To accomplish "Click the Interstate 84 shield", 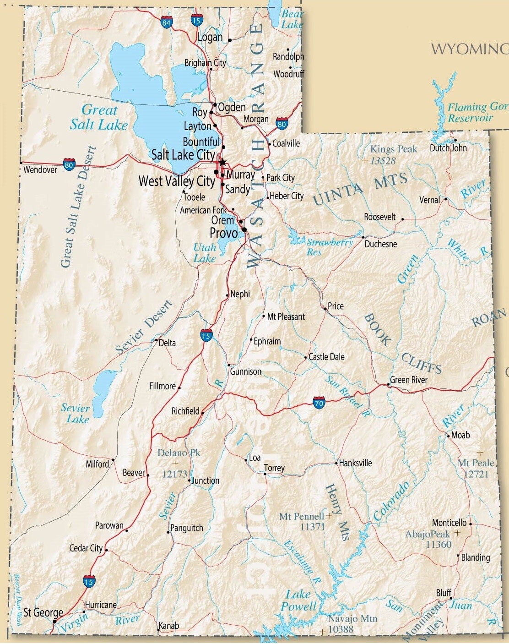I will point(166,22).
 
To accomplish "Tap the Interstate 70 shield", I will point(319,403).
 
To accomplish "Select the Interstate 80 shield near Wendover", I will point(69,164).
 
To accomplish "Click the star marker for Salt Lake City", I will point(222,162).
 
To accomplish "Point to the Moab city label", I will point(460,435).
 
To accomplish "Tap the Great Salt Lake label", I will point(98,117).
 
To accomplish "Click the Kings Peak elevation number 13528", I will point(383,160).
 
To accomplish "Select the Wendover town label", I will point(40,170).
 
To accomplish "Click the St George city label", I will point(43,612).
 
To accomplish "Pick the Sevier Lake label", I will point(76,413).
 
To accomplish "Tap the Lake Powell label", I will point(298,600).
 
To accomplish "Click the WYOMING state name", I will point(470,49).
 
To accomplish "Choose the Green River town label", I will point(409,380).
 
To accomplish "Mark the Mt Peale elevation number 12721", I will point(476,474).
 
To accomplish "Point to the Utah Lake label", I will point(205,253).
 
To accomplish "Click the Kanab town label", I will point(168,626).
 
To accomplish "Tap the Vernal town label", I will point(429,200).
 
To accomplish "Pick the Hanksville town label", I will point(355,463).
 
